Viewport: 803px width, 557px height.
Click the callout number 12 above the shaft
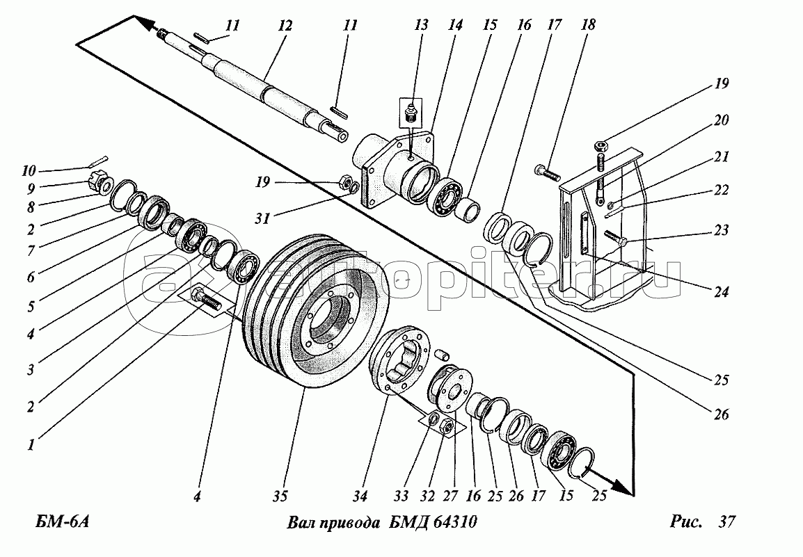coord(285,26)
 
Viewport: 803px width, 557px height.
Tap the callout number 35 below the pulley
coord(280,496)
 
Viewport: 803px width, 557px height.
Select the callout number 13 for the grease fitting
coord(421,26)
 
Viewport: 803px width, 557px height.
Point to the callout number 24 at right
coord(721,292)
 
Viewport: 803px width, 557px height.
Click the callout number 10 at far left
coord(29,170)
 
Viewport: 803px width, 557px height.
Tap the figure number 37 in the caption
coord(726,522)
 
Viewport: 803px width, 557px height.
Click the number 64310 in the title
coord(454,522)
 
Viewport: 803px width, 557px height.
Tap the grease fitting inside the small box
coord(409,111)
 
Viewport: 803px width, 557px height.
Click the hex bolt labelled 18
coord(548,172)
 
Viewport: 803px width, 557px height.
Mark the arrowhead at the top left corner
coord(145,22)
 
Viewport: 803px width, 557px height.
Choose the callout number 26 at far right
coord(721,414)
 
